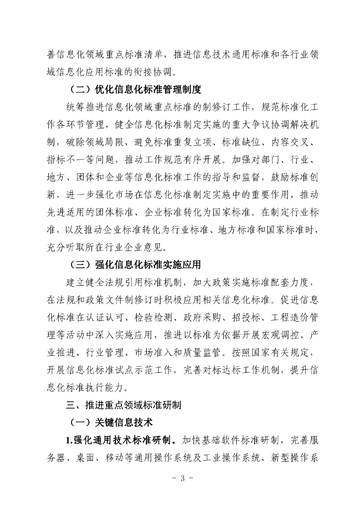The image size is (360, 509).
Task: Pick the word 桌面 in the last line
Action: pos(90,458)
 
